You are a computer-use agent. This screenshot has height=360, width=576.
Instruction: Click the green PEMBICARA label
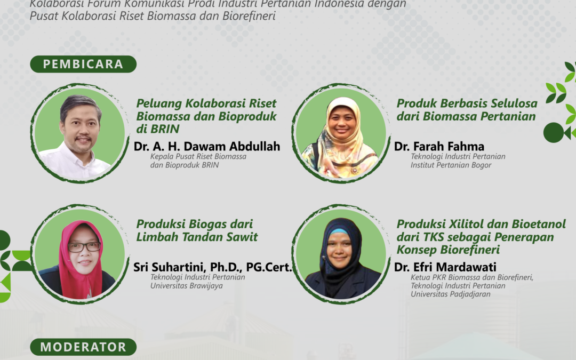(x=83, y=65)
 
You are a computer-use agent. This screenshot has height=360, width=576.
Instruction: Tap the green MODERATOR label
(x=83, y=347)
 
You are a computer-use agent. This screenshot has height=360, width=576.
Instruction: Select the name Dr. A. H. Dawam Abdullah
(x=208, y=146)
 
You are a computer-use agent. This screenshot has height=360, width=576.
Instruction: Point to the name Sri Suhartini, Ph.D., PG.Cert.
(x=213, y=267)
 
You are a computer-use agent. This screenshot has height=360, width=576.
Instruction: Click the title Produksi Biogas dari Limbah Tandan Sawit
(x=197, y=230)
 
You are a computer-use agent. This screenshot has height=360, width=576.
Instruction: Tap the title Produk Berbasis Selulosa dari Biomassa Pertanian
(x=466, y=109)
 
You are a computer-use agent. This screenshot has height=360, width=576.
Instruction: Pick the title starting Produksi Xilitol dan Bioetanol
(x=481, y=237)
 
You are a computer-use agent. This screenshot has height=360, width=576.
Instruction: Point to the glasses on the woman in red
(x=84, y=247)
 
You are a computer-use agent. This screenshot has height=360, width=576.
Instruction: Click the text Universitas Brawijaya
(x=186, y=285)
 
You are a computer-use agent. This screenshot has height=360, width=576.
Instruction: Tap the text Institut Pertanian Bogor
(x=451, y=165)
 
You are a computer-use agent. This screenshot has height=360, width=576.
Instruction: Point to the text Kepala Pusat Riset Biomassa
(x=198, y=157)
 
